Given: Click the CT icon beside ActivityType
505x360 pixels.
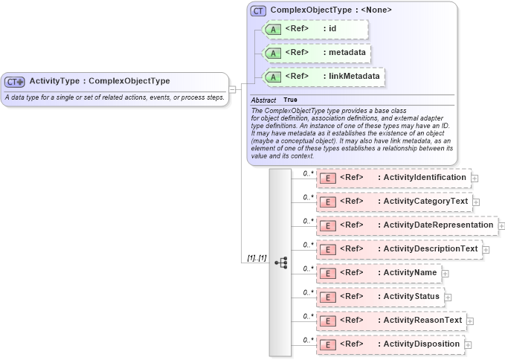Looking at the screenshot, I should (x=15, y=81).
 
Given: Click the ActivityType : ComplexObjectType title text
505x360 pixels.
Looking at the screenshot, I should (x=100, y=81).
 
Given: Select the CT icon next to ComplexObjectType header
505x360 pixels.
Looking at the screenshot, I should (x=258, y=10).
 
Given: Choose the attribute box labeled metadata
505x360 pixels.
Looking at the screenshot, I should (x=316, y=54).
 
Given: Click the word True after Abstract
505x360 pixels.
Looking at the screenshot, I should (x=290, y=100).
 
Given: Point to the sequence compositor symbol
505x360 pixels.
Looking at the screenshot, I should (x=280, y=263).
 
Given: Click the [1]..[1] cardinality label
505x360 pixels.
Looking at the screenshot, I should (x=257, y=258).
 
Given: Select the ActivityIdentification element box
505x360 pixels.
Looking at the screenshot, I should (x=393, y=178).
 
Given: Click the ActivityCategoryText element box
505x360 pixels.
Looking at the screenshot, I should (x=393, y=202).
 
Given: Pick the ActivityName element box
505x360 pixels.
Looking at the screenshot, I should (x=378, y=273).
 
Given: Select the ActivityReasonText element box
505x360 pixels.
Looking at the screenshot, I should (x=390, y=321).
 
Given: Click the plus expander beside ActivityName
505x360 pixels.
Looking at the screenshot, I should (x=446, y=274).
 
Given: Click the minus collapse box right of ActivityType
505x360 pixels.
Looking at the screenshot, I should (x=233, y=89).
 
